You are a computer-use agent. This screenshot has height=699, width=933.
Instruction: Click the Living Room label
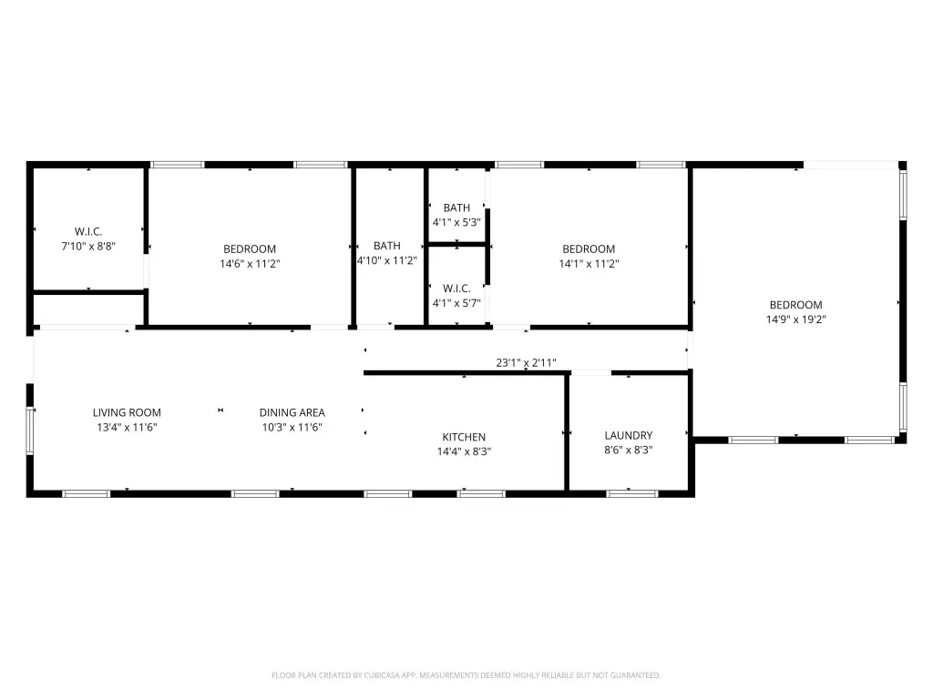click(127, 412)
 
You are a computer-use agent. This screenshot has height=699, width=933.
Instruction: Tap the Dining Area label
click(292, 412)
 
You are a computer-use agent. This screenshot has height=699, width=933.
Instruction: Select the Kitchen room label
click(464, 437)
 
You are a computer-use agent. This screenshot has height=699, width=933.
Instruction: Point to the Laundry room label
click(629, 436)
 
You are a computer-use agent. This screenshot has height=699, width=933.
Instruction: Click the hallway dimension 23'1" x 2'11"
click(526, 362)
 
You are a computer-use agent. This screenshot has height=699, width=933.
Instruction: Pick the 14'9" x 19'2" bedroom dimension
click(795, 319)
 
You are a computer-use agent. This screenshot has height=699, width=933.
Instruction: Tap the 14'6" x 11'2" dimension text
click(250, 264)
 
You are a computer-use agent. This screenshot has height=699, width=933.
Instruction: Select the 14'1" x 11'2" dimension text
click(590, 264)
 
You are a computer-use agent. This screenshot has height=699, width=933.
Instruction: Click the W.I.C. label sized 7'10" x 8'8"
click(88, 232)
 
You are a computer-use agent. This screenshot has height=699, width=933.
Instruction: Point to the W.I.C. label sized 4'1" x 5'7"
click(457, 289)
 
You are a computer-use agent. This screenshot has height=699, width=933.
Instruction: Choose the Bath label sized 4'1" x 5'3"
click(457, 208)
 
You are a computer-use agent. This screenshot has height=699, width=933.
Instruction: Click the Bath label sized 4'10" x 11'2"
click(386, 246)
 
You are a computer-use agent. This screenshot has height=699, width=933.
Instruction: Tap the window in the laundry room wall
click(632, 493)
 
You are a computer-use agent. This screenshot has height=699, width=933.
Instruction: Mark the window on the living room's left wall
click(30, 431)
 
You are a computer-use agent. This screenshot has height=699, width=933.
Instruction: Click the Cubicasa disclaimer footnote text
click(466, 675)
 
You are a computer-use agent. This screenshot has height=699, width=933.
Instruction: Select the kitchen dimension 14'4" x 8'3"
click(464, 451)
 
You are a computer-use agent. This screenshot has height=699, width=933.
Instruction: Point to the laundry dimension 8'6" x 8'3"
click(629, 450)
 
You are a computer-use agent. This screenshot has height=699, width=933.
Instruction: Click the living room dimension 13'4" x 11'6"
click(127, 428)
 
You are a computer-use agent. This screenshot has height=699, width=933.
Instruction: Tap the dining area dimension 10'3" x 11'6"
click(292, 428)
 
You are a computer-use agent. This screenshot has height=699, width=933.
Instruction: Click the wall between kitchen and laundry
click(567, 432)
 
